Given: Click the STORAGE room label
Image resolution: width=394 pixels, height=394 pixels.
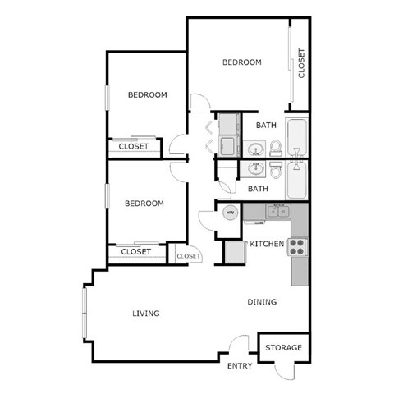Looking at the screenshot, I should click(x=283, y=348).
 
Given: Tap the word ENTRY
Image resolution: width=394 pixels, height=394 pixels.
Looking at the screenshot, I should click(x=239, y=366).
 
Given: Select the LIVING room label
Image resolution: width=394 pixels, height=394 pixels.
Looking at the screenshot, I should click(x=145, y=314).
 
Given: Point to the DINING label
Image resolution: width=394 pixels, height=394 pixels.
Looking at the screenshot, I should click(x=262, y=302).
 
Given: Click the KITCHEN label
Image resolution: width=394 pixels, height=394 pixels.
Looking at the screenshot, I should click(x=267, y=244).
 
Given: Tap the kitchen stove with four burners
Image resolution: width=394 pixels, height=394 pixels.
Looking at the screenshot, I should click(x=297, y=245).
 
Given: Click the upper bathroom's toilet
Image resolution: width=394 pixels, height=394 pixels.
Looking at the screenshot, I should click(x=277, y=148).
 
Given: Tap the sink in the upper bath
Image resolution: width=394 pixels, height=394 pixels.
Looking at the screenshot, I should click(x=255, y=150).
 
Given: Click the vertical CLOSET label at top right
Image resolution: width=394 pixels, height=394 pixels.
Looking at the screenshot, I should click(x=301, y=63).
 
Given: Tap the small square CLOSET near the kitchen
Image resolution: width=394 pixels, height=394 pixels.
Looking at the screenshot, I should click(x=188, y=256).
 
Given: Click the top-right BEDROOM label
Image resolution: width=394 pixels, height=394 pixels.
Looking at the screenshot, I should click(x=242, y=62).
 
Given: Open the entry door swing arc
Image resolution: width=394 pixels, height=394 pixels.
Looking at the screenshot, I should click(x=238, y=346).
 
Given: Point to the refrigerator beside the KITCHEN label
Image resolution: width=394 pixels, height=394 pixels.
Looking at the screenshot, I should click(x=236, y=251).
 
